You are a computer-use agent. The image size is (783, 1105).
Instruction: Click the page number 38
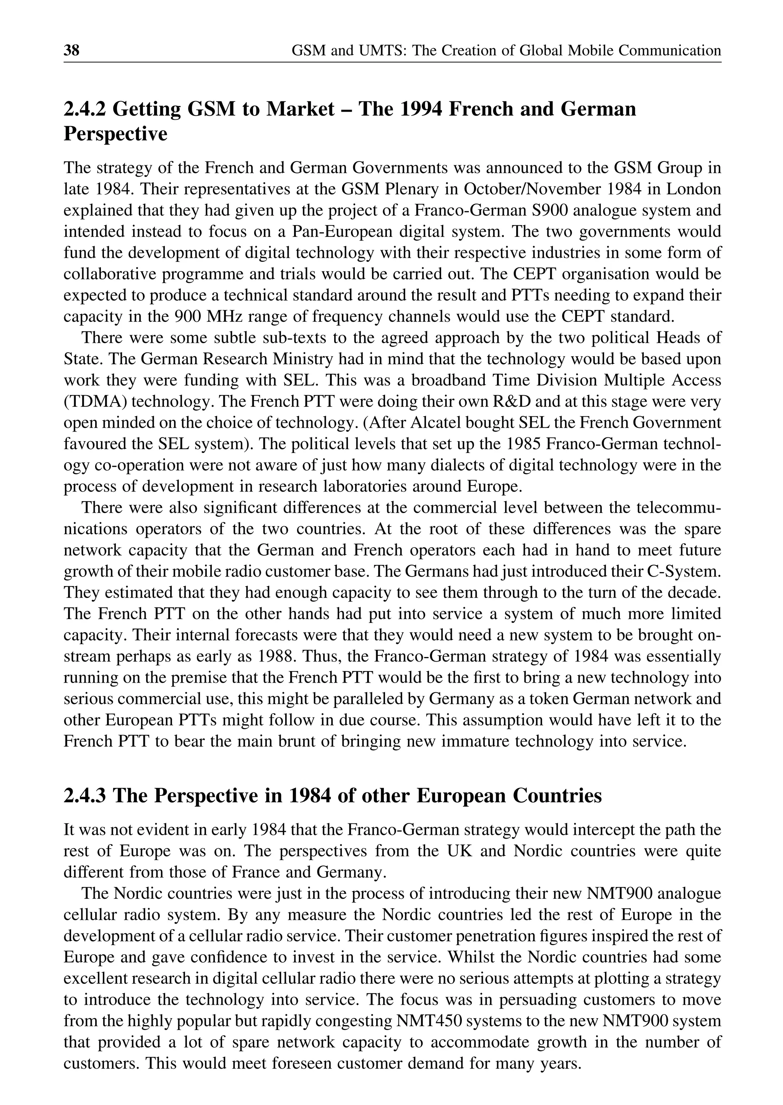pyautogui.click(x=71, y=50)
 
